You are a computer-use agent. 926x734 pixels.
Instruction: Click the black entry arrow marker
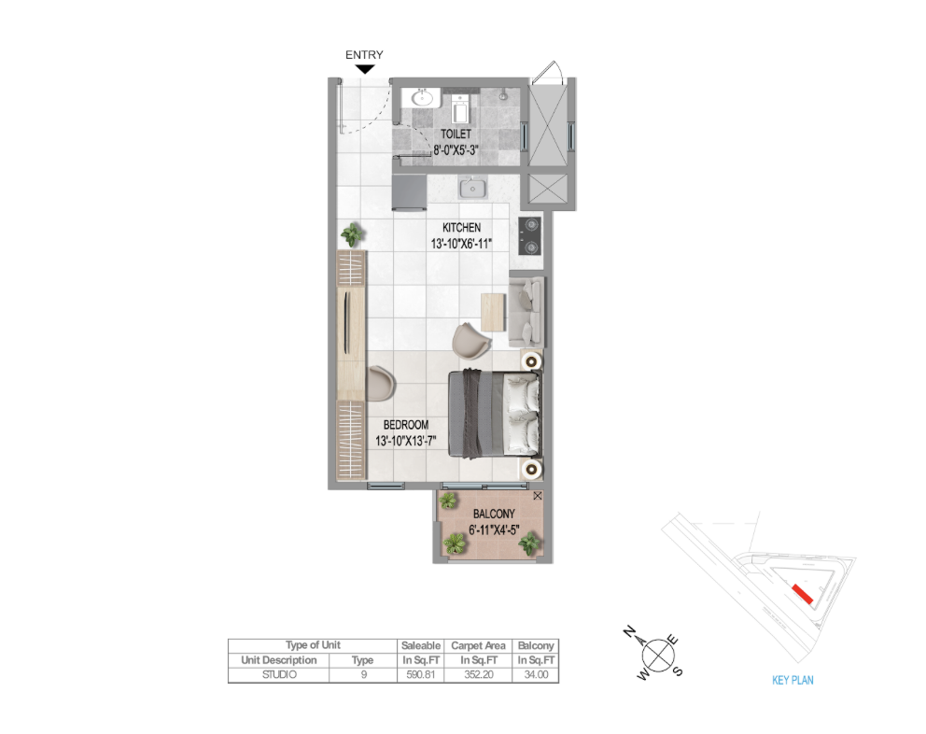[366, 69]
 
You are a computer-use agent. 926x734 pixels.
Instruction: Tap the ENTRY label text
[364, 54]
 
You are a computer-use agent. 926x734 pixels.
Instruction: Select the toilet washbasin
[422, 98]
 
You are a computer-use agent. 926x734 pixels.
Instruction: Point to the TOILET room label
[456, 134]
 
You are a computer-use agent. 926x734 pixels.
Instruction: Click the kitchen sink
[473, 189]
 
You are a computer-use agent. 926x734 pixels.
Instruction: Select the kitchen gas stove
[530, 236]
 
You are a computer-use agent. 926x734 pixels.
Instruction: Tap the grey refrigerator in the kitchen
[409, 192]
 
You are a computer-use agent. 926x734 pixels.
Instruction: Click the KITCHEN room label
[462, 228]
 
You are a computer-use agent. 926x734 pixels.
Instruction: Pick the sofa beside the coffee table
[526, 312]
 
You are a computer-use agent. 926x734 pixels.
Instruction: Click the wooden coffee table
[494, 312]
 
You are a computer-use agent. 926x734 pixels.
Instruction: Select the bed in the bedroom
[495, 414]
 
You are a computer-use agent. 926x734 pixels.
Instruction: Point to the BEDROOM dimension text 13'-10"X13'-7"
[406, 441]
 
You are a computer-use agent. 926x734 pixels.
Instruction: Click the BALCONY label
[495, 515]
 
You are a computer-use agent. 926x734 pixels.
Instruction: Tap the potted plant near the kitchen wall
[353, 234]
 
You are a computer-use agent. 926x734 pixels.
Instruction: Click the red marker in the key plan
[803, 594]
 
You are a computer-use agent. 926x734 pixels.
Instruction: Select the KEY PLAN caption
[793, 680]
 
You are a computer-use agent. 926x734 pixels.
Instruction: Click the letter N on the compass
[629, 631]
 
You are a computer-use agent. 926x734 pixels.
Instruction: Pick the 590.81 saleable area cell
[421, 674]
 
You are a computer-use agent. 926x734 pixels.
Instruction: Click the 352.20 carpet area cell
[478, 674]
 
